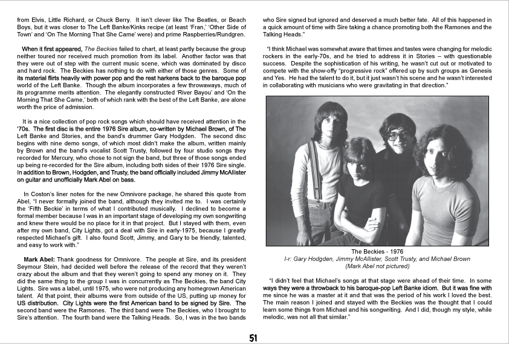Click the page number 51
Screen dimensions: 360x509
[254, 338]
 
